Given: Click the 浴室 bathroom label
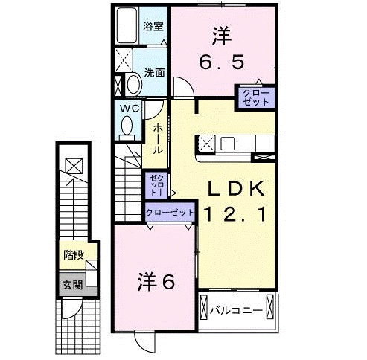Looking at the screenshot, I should click(x=155, y=25).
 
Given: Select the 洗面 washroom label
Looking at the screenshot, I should click(x=154, y=74).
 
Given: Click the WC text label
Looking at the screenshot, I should click(x=130, y=109).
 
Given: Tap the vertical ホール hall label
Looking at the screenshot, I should click(x=158, y=139).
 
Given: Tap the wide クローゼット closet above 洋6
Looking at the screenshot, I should click(x=170, y=213).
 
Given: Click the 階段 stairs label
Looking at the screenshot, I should click(x=73, y=255).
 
